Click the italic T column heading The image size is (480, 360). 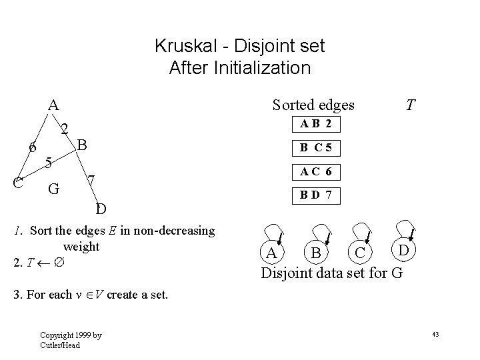coord(411,105)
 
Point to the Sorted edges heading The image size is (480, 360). coord(313,105)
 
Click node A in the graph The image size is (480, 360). coord(53,105)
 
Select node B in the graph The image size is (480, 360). coord(83,144)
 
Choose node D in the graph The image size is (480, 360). coord(100,209)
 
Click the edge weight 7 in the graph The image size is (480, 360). coord(93,181)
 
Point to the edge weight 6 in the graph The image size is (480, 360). coord(31,147)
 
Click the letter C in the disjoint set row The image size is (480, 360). coord(360,254)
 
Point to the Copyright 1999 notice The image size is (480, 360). coord(61,340)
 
